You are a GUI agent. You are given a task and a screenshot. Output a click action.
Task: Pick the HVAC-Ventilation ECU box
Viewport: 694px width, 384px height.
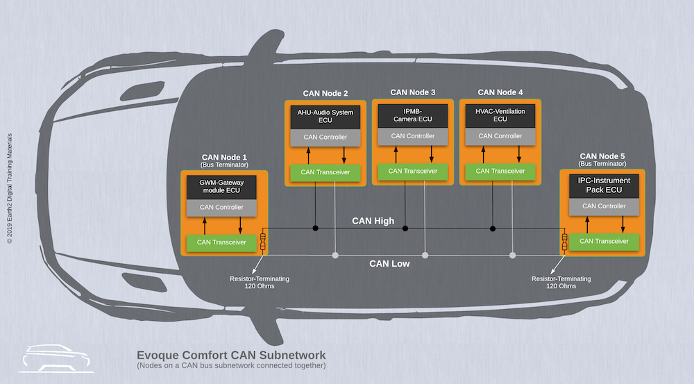(x=500, y=115)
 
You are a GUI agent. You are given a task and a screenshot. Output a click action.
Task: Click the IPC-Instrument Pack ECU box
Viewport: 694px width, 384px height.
(x=603, y=185)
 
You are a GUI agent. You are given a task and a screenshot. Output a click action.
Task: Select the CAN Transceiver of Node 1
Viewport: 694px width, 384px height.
(x=221, y=242)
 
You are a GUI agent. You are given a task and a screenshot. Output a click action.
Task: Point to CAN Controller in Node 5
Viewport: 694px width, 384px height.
(x=603, y=206)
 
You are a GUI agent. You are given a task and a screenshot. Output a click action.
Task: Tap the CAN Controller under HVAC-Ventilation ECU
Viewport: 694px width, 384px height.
(x=500, y=136)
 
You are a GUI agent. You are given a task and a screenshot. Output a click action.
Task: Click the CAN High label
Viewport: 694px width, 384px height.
(x=373, y=221)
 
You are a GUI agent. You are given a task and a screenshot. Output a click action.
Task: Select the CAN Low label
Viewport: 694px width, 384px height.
(x=389, y=264)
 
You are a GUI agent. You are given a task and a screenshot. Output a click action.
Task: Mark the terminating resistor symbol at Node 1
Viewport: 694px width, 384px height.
(x=263, y=242)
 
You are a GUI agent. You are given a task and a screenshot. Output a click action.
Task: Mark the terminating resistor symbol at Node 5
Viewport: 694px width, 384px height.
(x=565, y=242)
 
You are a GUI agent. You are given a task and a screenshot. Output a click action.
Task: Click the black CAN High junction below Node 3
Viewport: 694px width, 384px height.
(x=405, y=228)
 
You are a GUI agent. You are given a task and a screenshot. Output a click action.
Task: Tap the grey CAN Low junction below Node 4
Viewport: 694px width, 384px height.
(x=513, y=256)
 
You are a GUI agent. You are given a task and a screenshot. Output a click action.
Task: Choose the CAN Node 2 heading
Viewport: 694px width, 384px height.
(x=325, y=92)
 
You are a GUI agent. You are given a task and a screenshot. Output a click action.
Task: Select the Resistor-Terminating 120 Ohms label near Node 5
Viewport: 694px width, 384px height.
(x=561, y=282)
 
